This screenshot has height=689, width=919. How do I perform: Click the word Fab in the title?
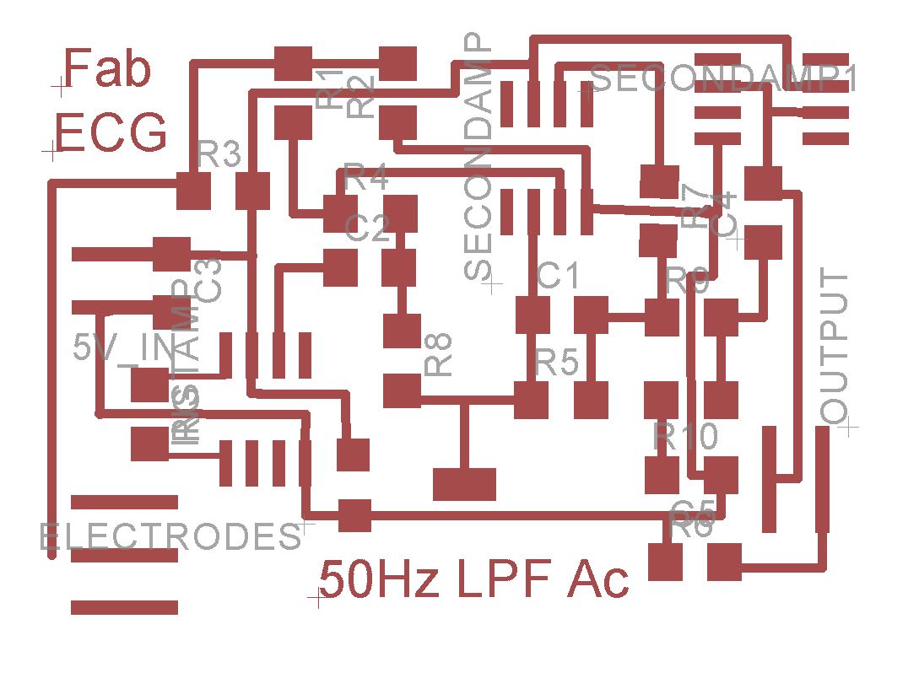tap(108, 69)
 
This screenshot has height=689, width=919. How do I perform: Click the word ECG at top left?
tap(111, 133)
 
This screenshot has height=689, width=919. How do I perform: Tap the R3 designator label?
tap(219, 155)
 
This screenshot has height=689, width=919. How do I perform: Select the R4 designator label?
tap(366, 179)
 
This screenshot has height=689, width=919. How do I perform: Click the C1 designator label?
tap(558, 275)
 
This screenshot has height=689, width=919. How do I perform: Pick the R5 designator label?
tap(557, 363)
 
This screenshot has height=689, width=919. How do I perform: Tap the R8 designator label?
tap(439, 353)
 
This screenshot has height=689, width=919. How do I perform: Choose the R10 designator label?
tap(685, 436)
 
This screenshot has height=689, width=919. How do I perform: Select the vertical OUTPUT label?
tap(834, 347)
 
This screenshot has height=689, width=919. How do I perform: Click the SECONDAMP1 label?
tap(725, 78)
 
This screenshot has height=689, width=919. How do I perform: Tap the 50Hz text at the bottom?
tap(379, 579)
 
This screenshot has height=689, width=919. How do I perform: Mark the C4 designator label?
tap(723, 214)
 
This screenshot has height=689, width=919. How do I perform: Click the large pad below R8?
tap(463, 483)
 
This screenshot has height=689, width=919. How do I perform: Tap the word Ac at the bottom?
tap(598, 579)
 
